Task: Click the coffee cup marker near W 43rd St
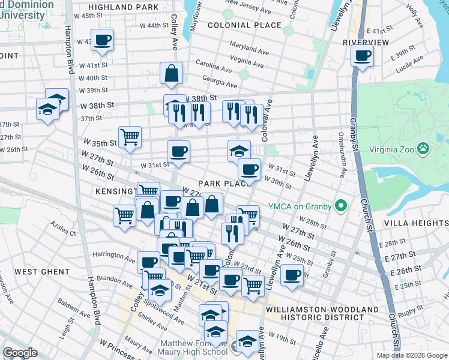(103, 40)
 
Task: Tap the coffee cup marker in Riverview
(362, 56)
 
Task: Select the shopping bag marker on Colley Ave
(172, 74)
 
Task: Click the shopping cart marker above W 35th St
(130, 137)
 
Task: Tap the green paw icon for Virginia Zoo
(423, 147)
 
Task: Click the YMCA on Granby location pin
(342, 206)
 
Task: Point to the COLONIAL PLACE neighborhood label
(244, 25)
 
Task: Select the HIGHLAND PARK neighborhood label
(126, 7)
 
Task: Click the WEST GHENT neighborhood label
(42, 272)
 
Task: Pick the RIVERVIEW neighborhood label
(366, 42)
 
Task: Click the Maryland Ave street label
(249, 49)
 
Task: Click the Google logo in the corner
(20, 353)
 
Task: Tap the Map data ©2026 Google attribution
(411, 355)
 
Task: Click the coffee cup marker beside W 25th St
(292, 275)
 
